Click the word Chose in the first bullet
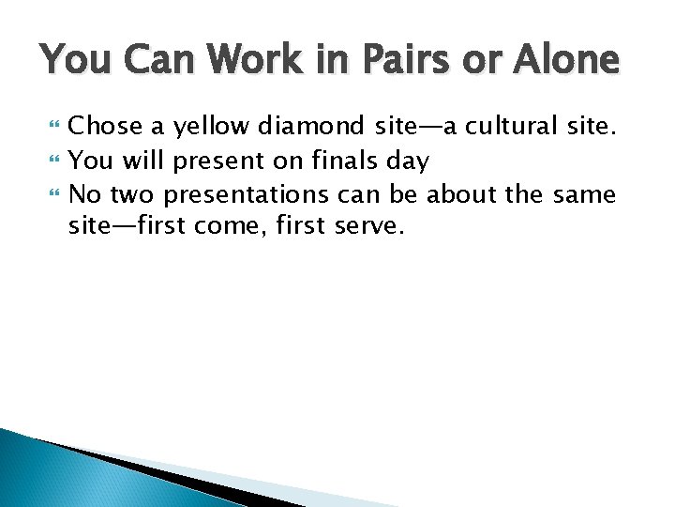pos(105,125)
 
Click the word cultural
pos(511,125)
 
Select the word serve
pos(368,228)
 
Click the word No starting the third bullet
pos(85,194)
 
